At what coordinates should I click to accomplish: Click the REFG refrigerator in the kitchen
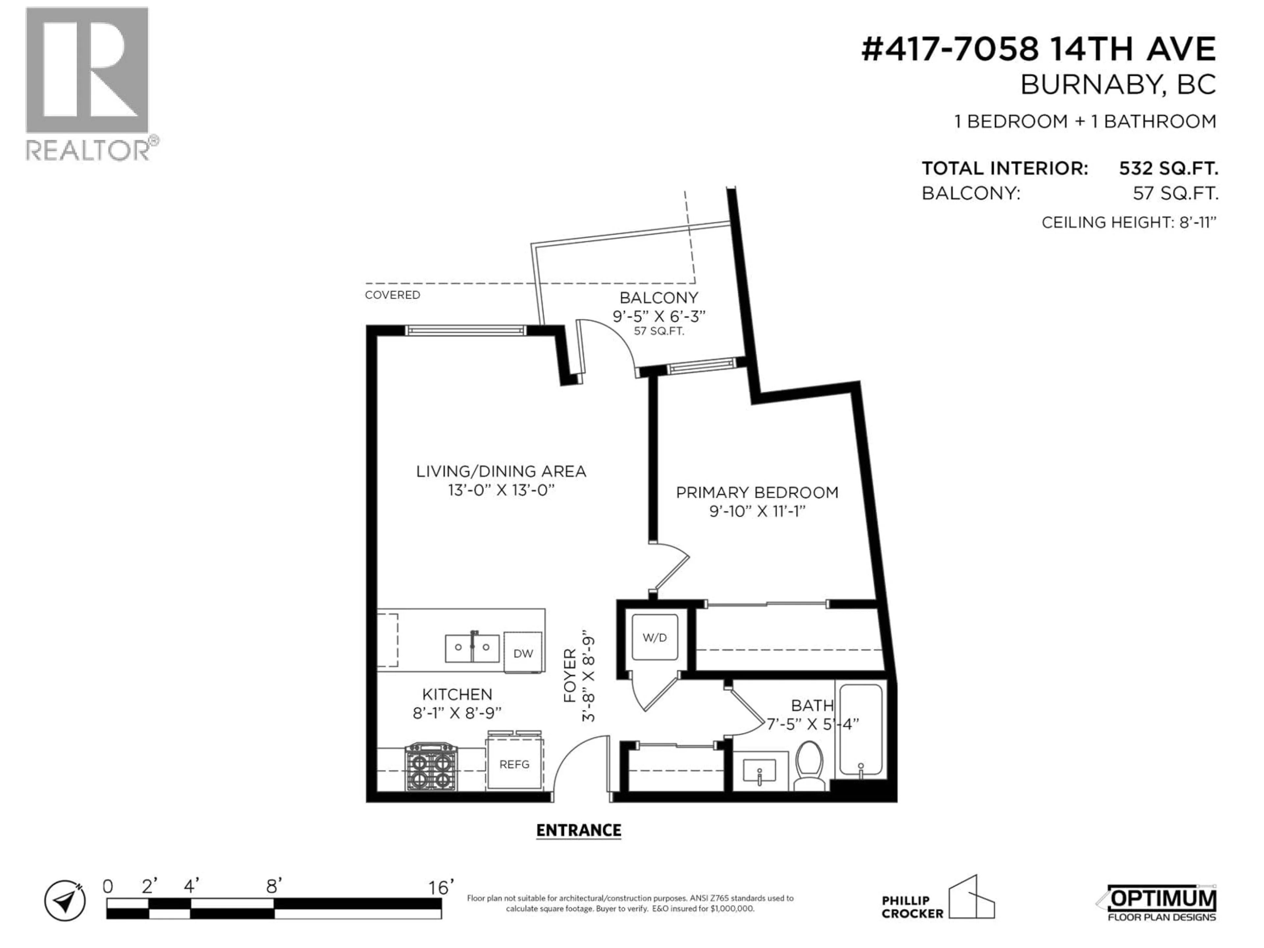point(514,764)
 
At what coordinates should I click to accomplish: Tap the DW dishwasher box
point(523,652)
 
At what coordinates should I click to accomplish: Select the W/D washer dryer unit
point(654,638)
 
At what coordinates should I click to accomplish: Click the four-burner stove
point(431,767)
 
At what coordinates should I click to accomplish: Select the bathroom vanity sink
point(759,772)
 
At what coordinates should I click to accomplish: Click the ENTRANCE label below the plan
point(578,830)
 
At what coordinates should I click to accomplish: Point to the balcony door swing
point(609,346)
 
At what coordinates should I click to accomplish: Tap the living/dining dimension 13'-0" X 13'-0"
point(501,490)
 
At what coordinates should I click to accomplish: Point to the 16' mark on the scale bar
point(440,887)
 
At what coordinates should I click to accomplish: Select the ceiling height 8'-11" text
point(1129,222)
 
